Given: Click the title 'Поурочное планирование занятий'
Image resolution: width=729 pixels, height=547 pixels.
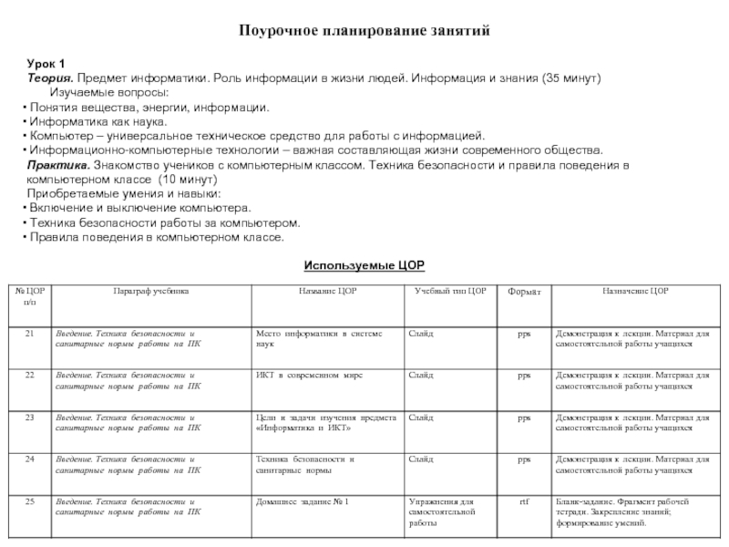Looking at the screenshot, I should [x=364, y=30].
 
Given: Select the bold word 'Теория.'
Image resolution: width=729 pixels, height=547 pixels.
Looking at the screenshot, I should [x=49, y=78].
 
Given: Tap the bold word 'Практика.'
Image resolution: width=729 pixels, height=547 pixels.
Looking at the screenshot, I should [x=57, y=165].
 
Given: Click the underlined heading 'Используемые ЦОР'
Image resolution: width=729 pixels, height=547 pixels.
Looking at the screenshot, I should [x=364, y=264].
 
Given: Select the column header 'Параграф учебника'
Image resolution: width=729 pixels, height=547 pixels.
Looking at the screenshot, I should [x=151, y=291].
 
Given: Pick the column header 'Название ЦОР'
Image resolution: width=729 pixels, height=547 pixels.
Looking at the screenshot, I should [x=327, y=291].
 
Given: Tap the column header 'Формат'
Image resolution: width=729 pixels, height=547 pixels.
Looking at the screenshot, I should [x=524, y=292].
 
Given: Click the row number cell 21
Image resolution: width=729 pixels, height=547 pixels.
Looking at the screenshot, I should [x=30, y=335].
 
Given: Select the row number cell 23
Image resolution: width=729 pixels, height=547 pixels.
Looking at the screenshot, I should [x=30, y=417].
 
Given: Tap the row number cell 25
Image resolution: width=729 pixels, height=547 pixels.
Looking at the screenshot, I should [x=30, y=501].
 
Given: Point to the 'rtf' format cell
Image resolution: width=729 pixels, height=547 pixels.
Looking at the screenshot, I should [x=524, y=501].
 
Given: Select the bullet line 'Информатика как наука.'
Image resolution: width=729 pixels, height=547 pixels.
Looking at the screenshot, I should [x=98, y=121].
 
